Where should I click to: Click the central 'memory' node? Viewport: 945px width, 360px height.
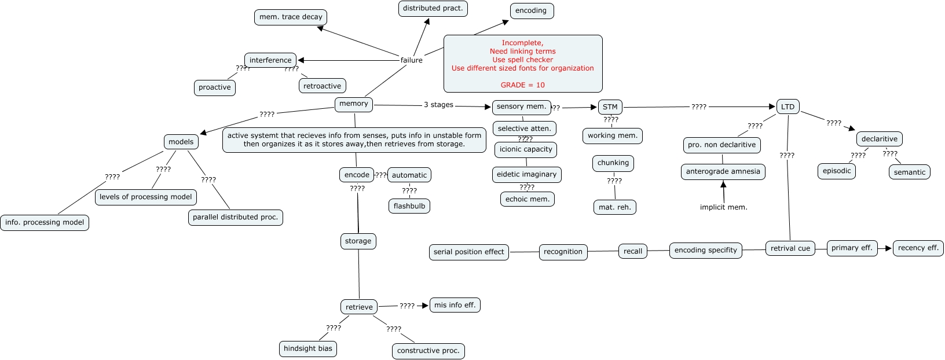coord(354,104)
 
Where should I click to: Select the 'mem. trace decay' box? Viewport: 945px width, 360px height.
coord(291,17)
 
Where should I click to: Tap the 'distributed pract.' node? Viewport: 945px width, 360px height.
coord(433,9)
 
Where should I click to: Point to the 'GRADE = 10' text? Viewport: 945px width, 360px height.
coord(523,85)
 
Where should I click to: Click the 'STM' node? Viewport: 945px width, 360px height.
coord(610,107)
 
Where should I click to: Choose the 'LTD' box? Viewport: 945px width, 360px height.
coord(788,107)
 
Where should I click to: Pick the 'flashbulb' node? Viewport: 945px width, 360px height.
coord(409,206)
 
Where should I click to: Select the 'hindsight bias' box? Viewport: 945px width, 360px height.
coord(308,348)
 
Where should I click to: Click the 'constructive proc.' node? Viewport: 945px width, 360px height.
coord(428,351)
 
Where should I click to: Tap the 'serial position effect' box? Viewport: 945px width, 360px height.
coord(468,252)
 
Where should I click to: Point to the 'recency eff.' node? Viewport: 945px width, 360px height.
coord(918,248)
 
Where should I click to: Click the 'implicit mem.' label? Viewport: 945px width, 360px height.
coord(724,207)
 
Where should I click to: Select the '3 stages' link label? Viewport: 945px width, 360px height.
coord(439,105)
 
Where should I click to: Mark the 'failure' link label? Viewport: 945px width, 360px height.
coord(411,60)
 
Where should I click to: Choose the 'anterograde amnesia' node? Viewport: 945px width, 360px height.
coord(723,171)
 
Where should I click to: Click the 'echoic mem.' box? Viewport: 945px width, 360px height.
coord(528,200)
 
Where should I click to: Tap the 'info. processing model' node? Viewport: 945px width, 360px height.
coord(45,223)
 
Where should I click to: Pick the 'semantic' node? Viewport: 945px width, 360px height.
coord(910,172)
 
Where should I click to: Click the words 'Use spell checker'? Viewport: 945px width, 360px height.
coord(523,60)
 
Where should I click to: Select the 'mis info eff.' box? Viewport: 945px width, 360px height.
coord(455,305)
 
